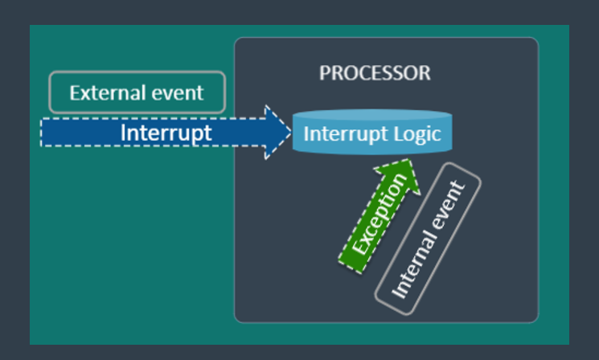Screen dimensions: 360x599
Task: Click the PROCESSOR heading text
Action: [x=375, y=73]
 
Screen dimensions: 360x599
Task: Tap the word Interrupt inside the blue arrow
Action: [x=166, y=133]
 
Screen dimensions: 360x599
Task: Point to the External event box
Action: [x=137, y=92]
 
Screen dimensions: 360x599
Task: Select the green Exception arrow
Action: [x=375, y=215]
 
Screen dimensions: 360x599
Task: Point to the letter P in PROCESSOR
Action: [x=325, y=73]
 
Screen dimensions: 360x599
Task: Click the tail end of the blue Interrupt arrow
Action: [x=45, y=133]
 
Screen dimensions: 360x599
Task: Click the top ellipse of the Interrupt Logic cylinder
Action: [x=372, y=116]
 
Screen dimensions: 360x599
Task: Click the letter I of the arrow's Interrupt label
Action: [x=124, y=133]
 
